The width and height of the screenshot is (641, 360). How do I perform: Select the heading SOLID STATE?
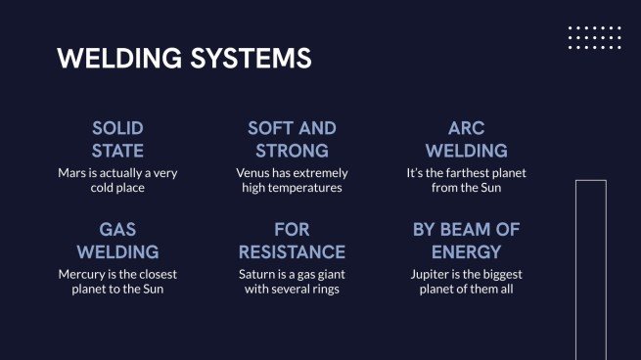coord(117,140)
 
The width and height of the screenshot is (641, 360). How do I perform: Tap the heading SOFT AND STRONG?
coord(292,140)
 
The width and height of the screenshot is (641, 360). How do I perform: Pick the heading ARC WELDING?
coord(466,140)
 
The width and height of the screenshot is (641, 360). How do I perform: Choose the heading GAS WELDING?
coord(117,241)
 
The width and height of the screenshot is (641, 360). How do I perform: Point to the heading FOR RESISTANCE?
coord(292,241)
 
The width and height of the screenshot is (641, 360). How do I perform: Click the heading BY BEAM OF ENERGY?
coord(466,241)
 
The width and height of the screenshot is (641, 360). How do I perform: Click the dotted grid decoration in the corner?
coord(594,37)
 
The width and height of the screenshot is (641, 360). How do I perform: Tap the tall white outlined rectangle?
coord(590,269)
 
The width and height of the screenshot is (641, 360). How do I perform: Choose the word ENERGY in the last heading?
coord(466,252)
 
